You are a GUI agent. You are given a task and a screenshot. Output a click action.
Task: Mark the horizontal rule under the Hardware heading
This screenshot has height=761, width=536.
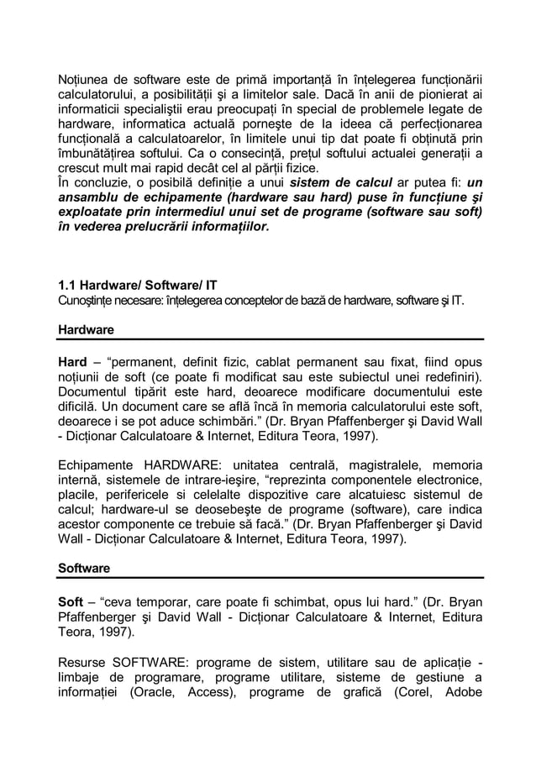pos(270,339)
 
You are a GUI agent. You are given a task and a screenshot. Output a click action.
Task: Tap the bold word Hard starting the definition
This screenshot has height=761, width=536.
pos(73,360)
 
